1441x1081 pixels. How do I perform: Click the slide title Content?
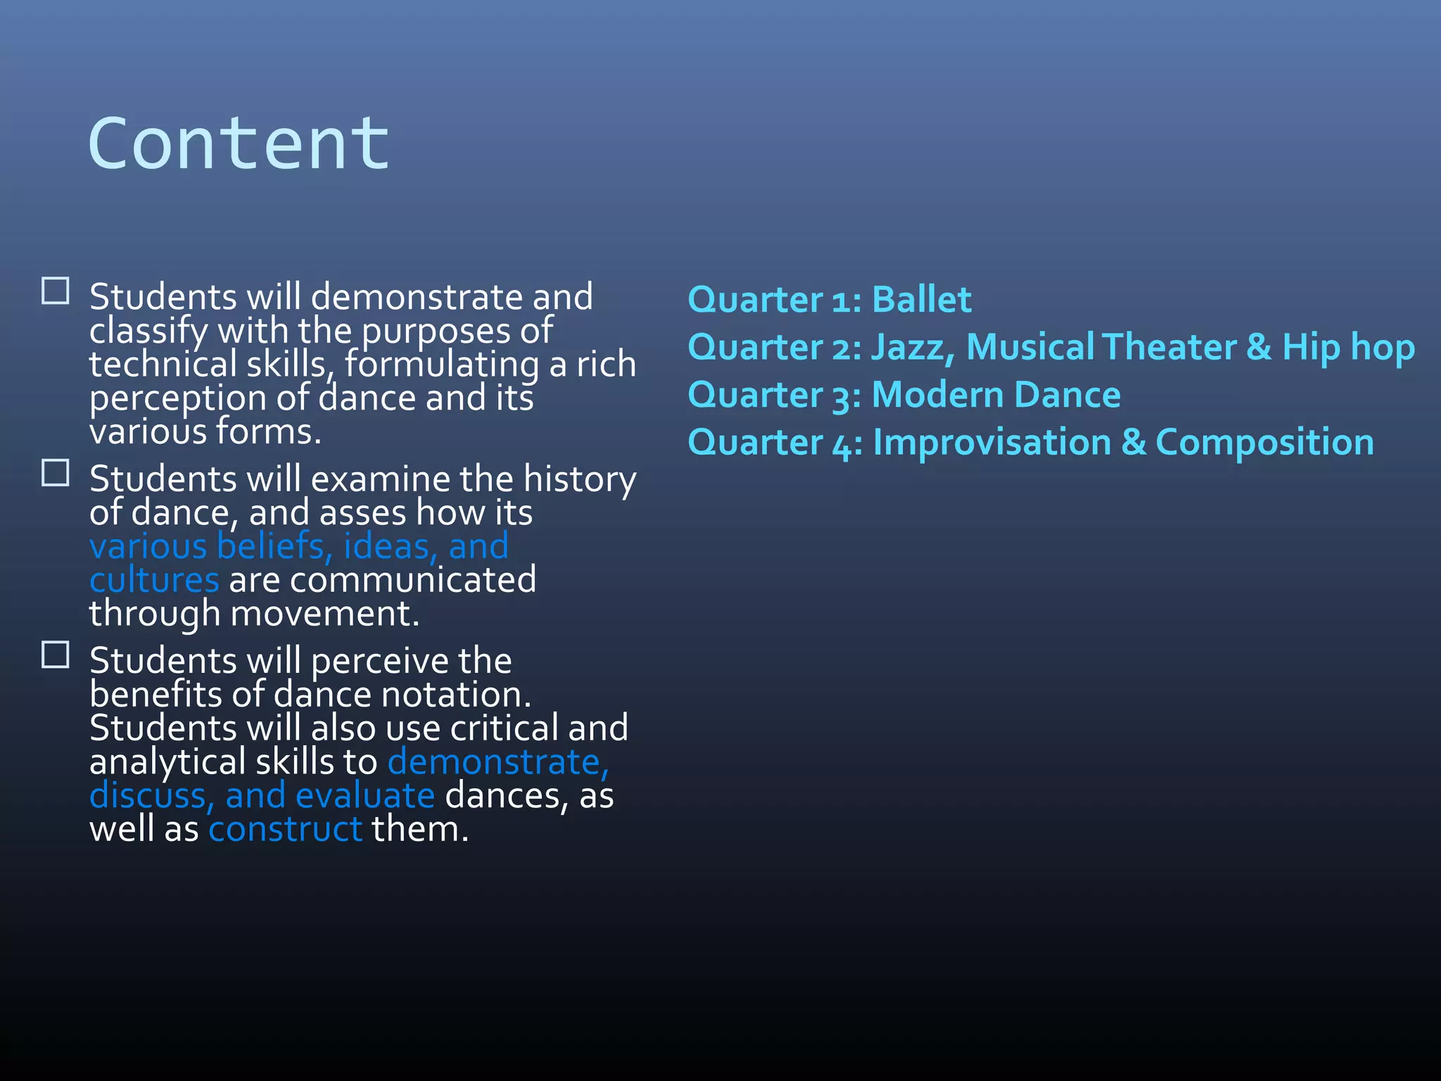click(x=239, y=144)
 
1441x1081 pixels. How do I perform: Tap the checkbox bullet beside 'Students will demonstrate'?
click(x=56, y=291)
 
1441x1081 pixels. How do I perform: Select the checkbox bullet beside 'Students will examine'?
click(x=56, y=473)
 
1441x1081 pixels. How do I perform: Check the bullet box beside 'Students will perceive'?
click(x=56, y=655)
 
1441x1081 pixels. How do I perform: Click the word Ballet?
click(x=922, y=300)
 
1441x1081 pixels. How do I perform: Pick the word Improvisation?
click(x=991, y=443)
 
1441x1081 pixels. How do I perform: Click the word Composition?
click(x=1264, y=443)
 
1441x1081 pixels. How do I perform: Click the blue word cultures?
click(x=154, y=581)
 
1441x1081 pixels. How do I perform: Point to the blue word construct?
click(x=285, y=829)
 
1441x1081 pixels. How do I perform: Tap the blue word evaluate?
click(x=365, y=796)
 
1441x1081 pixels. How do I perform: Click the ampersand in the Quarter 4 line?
click(x=1133, y=443)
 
